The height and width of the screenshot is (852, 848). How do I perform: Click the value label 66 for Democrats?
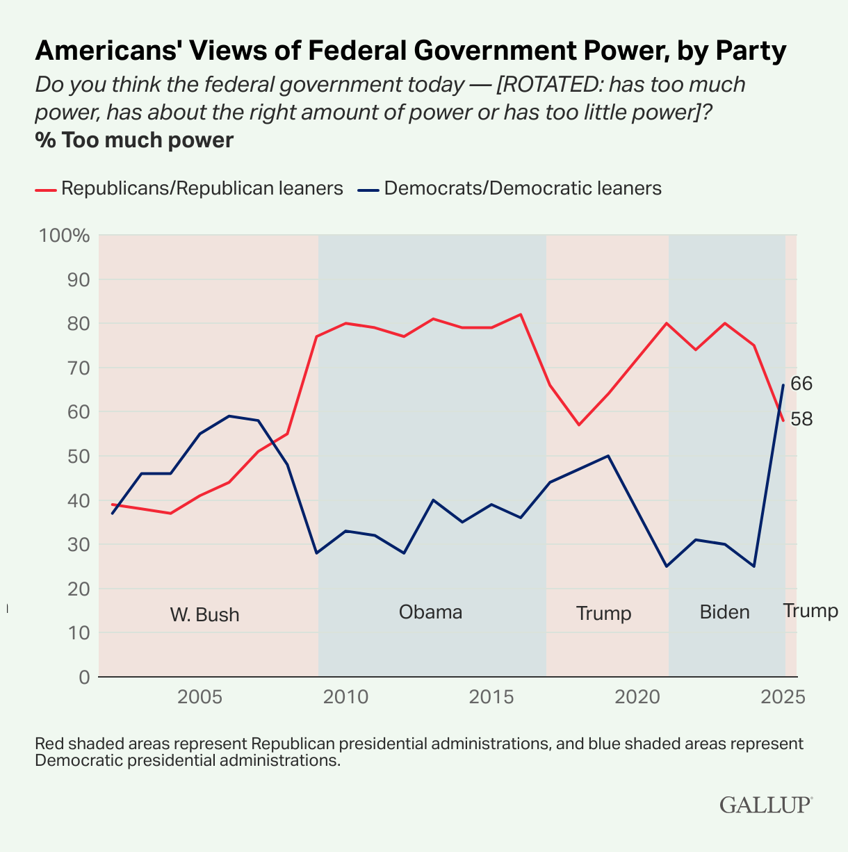(x=801, y=384)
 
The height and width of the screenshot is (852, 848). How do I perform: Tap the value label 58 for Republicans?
(x=801, y=419)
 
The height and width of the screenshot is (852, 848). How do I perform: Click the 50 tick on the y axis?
(x=79, y=456)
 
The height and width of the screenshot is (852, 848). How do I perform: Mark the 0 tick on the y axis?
(x=84, y=677)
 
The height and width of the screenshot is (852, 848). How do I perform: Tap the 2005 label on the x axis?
(x=199, y=697)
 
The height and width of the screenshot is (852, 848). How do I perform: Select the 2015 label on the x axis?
(x=491, y=697)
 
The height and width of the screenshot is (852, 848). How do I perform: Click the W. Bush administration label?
(x=204, y=615)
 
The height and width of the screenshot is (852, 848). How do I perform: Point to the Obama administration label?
(x=430, y=612)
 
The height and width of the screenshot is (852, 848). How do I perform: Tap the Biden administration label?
(x=724, y=612)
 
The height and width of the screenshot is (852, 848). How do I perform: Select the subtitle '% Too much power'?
(x=134, y=140)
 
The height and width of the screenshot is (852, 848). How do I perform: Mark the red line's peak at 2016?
(x=521, y=314)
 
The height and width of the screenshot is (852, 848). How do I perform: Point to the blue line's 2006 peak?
(x=229, y=416)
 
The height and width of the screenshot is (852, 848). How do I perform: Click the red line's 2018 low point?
(x=579, y=425)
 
